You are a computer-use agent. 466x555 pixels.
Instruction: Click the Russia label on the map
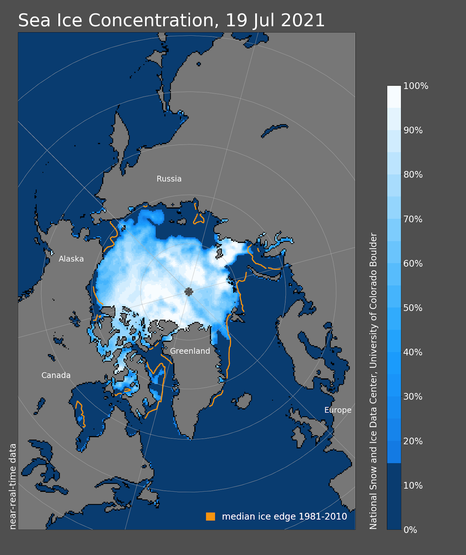point(169,179)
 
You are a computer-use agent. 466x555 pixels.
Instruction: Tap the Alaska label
point(71,259)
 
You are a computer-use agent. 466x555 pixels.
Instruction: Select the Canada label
point(56,375)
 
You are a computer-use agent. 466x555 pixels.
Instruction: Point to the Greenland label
point(190,351)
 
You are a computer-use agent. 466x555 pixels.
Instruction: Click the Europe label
point(338,410)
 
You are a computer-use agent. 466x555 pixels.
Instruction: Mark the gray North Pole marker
point(189,292)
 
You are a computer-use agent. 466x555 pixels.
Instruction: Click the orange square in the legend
point(211,516)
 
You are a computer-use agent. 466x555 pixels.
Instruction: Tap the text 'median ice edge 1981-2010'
point(285,516)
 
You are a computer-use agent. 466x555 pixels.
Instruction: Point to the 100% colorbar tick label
point(416,86)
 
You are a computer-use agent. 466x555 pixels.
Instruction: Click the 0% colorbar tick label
point(410,530)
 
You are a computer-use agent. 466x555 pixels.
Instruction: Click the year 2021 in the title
point(303,20)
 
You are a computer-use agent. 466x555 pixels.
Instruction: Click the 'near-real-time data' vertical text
point(13,486)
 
